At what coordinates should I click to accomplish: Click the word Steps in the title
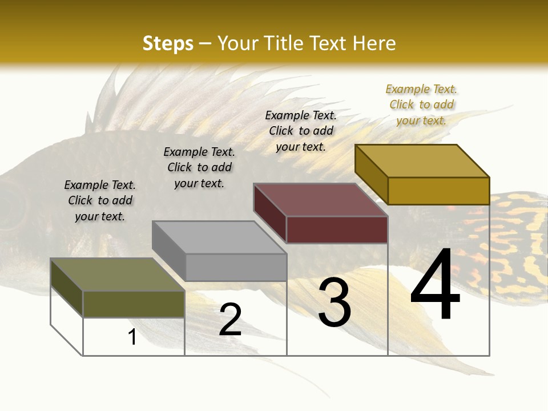click(168, 43)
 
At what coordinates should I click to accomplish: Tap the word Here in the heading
click(374, 43)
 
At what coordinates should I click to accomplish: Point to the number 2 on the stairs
click(230, 320)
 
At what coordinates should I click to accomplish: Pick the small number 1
click(132, 337)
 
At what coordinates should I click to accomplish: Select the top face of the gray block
click(219, 237)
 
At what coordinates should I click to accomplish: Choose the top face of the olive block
click(118, 275)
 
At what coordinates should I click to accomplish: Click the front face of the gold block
click(438, 191)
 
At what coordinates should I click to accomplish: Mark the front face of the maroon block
click(337, 229)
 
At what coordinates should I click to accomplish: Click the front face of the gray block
click(236, 267)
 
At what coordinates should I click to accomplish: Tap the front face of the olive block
click(134, 304)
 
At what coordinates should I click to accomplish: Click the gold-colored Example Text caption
click(421, 104)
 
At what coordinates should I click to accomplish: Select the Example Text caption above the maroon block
click(301, 131)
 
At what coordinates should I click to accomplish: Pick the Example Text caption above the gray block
click(199, 167)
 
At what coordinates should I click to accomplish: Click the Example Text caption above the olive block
click(100, 200)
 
